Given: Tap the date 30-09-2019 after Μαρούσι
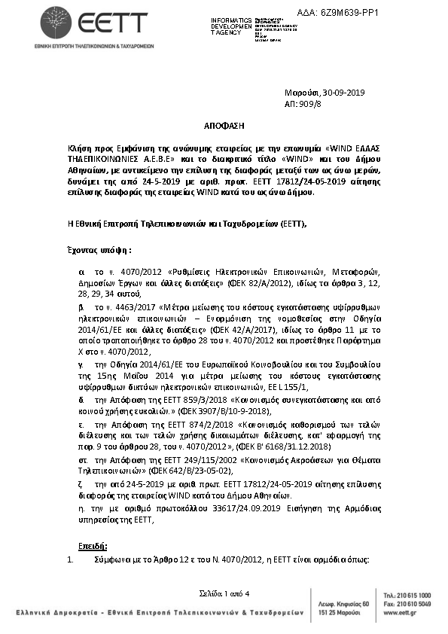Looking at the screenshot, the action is pyautogui.click(x=343, y=92).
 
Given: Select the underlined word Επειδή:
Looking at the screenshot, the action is pyautogui.click(x=93, y=544).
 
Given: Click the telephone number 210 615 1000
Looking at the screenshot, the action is pyautogui.click(x=416, y=595).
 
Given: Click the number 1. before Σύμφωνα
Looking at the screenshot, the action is pyautogui.click(x=70, y=560).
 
